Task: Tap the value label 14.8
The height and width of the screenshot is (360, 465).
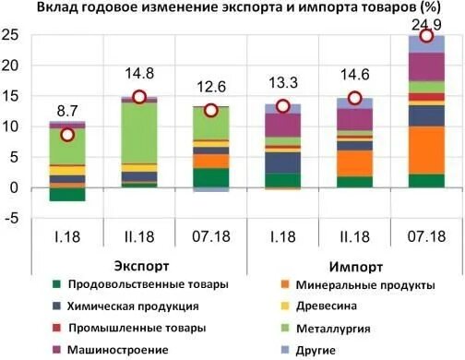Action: pos(138,77)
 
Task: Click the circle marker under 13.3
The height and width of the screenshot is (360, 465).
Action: pos(282,107)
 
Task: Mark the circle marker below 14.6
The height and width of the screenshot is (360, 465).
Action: pos(354,99)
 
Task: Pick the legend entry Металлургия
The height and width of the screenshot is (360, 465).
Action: pos(333,328)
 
